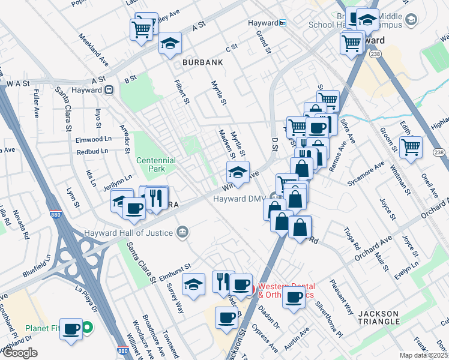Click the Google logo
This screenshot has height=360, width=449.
coord(19,353)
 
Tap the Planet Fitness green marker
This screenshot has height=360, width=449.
coord(88,328)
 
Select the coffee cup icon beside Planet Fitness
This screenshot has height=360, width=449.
coord(71,329)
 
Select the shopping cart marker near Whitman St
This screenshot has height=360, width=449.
coord(411,146)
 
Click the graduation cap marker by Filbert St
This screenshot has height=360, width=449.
coord(170,43)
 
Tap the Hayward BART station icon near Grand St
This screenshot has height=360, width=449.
coord(283,23)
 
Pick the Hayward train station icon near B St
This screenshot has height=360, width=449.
coord(109,90)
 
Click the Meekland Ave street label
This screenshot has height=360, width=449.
coord(94,50)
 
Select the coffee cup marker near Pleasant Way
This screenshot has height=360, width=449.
coord(294,297)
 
